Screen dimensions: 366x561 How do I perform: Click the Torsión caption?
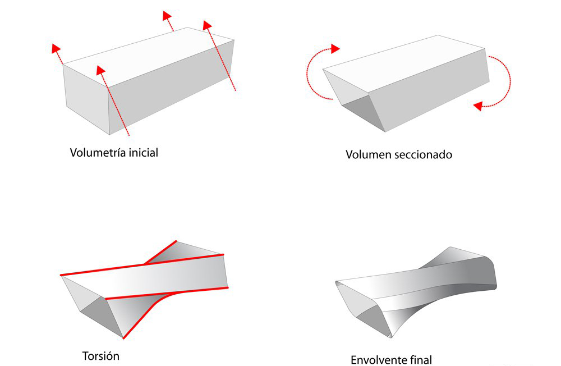[101, 356]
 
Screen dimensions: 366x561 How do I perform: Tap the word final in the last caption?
[420, 360]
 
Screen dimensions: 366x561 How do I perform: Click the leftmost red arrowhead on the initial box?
[55, 48]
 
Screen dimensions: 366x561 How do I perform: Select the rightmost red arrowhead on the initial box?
[207, 25]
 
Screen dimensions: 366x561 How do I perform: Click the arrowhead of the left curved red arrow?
[335, 48]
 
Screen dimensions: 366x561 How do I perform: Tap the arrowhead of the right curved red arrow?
[478, 106]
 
